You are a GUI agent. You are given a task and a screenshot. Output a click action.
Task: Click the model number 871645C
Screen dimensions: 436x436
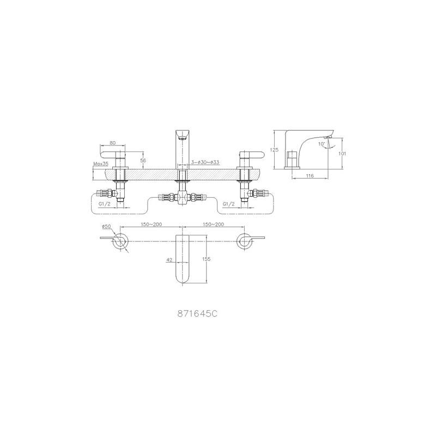pyautogui.click(x=197, y=314)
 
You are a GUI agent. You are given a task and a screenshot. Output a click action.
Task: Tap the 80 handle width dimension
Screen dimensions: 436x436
pyautogui.click(x=113, y=143)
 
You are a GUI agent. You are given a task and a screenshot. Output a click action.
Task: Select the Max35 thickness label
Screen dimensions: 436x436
pyautogui.click(x=101, y=164)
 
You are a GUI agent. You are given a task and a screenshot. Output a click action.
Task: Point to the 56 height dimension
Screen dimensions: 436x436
pyautogui.click(x=143, y=160)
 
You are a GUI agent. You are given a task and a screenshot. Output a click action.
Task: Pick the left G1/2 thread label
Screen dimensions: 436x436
pyautogui.click(x=105, y=204)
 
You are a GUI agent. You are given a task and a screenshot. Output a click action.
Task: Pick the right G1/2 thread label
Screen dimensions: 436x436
pyautogui.click(x=228, y=204)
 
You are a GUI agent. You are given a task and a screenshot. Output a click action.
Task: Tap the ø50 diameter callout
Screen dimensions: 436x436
pyautogui.click(x=106, y=226)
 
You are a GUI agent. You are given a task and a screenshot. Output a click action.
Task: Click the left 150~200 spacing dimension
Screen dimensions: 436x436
pyautogui.click(x=152, y=225)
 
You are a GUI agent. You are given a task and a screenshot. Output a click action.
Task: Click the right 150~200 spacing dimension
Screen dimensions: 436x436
pyautogui.click(x=213, y=225)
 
